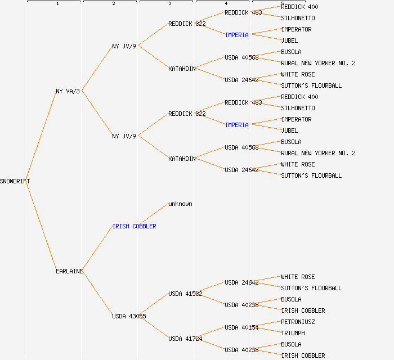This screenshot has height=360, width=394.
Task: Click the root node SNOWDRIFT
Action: coord(15,181)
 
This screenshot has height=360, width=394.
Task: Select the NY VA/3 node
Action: coord(68,91)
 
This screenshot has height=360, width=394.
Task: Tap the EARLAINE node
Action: coord(69,271)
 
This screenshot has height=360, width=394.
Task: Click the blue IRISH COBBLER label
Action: coord(134,226)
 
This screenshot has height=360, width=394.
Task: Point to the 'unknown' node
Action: coord(180,204)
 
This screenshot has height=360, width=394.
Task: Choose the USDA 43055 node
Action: coord(129,316)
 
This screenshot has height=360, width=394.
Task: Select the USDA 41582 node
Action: coord(185,294)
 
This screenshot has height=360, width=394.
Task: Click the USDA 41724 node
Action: coord(185,339)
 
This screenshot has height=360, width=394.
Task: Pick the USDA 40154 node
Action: coord(241,327)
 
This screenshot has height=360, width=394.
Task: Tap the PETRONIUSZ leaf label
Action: coord(298,322)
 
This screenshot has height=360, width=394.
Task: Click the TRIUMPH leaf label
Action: coord(293,333)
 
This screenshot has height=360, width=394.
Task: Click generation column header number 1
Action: coord(57,4)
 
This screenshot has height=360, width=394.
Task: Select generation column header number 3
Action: coord(169,4)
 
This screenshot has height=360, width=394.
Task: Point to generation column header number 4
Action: coord(226,4)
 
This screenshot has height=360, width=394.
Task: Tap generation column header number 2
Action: coord(113,4)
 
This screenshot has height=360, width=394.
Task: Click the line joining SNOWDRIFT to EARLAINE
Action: coord(42,226)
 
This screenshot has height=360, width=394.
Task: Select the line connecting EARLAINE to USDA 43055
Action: coord(98,294)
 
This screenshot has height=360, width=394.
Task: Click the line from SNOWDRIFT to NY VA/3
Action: coord(42,136)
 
